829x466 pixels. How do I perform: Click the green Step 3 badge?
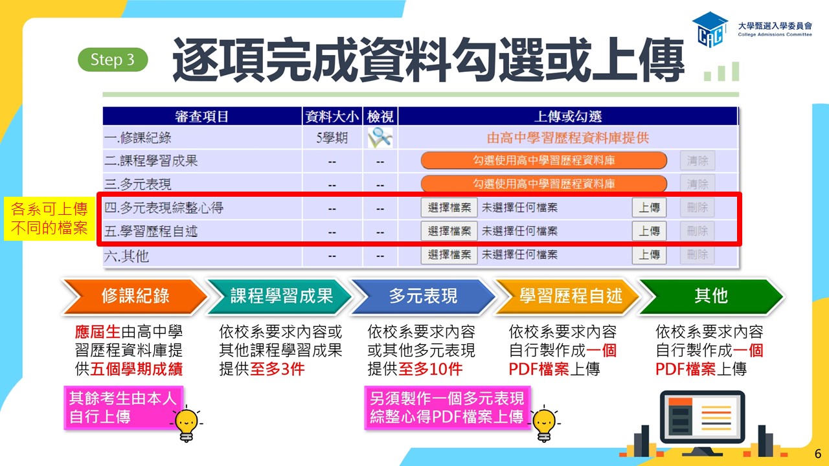[x=113, y=60]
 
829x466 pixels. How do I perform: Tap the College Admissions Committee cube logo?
[x=710, y=30]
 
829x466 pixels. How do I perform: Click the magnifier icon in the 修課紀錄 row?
[x=380, y=138]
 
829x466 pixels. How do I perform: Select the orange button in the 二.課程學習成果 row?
[x=543, y=161]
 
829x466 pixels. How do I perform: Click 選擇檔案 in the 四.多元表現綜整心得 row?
[x=449, y=208]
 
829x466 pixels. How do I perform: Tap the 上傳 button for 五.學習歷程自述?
[x=649, y=231]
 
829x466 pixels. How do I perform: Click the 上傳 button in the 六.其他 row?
[x=649, y=255]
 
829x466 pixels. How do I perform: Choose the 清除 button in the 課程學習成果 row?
[x=698, y=161]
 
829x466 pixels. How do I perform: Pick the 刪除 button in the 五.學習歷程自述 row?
[x=698, y=231]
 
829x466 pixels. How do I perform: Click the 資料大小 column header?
[x=332, y=116]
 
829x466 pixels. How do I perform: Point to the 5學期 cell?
[x=332, y=138]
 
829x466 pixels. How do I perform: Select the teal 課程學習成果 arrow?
[x=279, y=296]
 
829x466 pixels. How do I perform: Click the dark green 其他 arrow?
[x=710, y=296]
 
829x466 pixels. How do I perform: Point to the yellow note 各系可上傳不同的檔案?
[x=49, y=219]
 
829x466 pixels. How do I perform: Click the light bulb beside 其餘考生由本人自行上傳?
[x=187, y=424]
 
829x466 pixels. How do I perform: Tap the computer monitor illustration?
[x=702, y=421]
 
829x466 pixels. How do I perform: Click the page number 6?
[x=818, y=454]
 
